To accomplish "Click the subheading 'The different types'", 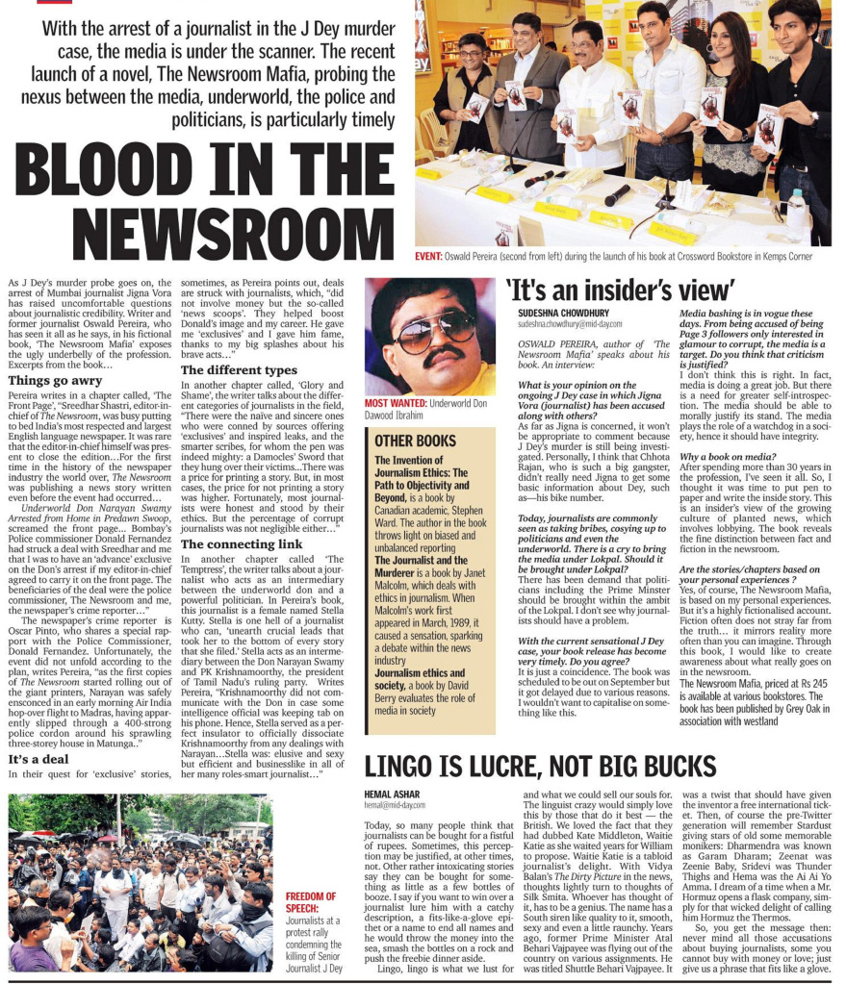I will [239, 370].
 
